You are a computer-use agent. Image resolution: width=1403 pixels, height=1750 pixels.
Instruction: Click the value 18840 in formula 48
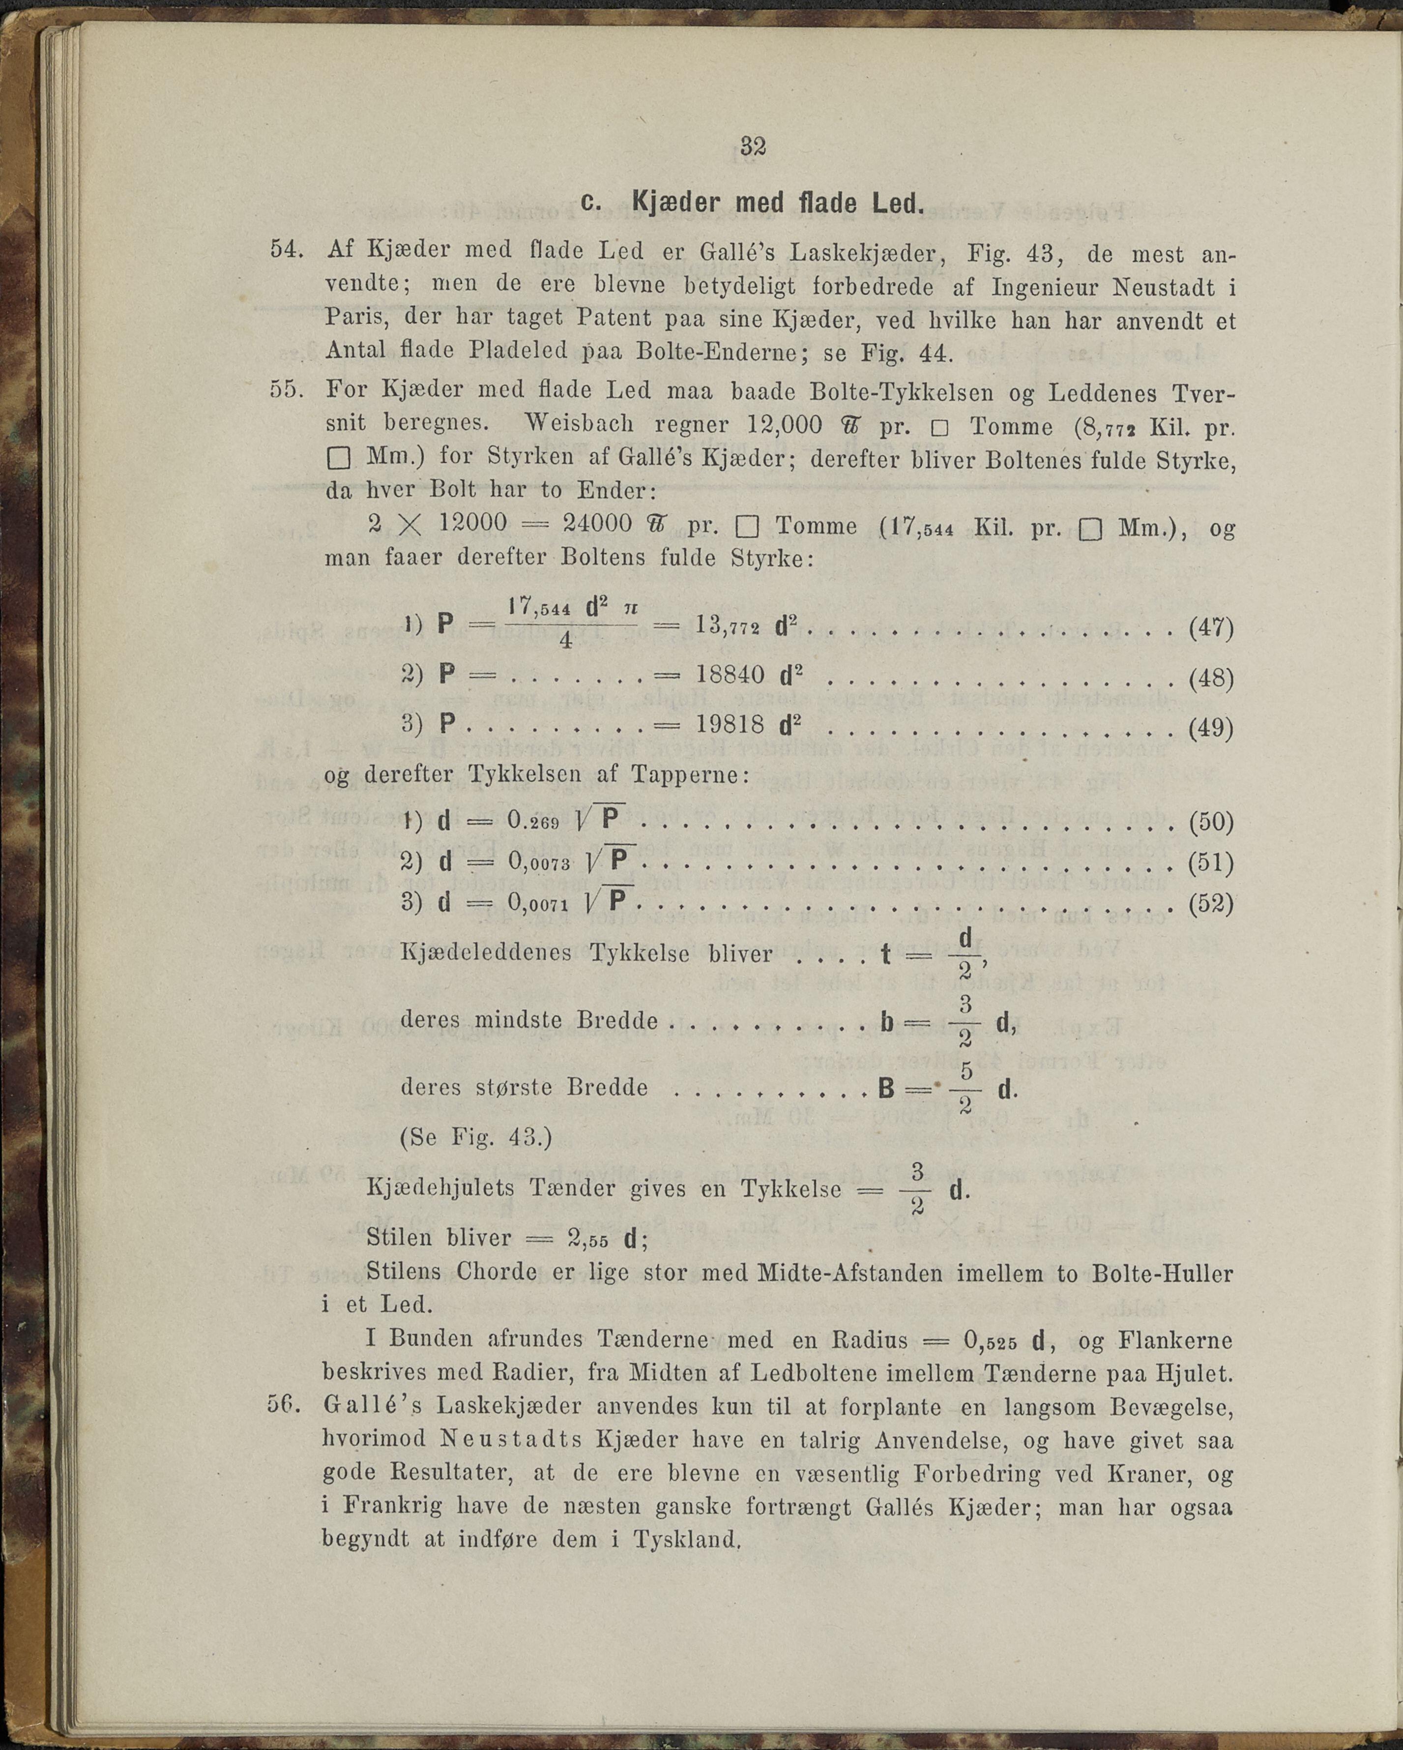[731, 675]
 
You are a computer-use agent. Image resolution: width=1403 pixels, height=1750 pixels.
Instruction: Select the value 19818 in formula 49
[731, 725]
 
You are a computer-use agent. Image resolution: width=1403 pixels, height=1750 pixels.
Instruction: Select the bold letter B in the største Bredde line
[886, 1088]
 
